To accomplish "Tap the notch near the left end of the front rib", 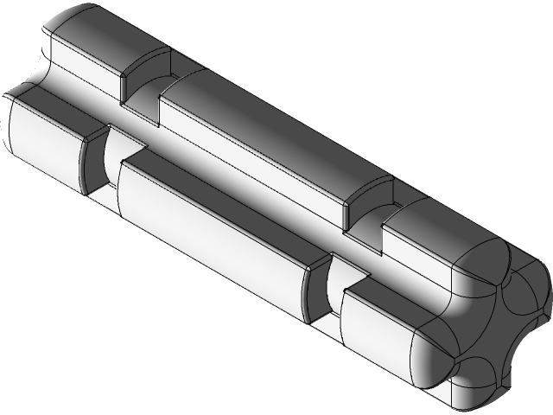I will (99, 164).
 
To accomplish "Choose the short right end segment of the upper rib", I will (423, 233).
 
